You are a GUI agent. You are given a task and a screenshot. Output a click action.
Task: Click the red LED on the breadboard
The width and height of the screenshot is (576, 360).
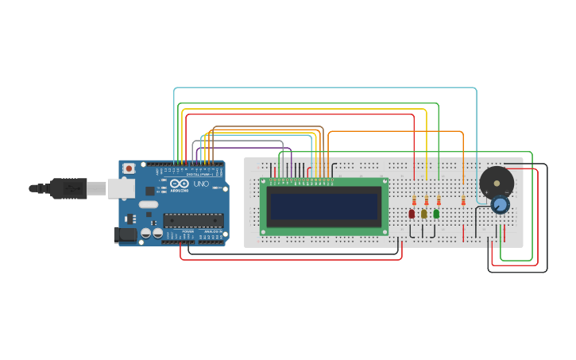[412, 214]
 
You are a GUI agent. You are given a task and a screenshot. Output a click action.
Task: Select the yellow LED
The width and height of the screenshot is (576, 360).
[424, 214]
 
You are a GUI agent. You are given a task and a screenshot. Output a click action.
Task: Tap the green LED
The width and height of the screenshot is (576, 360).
[436, 214]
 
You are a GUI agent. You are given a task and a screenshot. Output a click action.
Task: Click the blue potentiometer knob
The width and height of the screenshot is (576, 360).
[500, 205]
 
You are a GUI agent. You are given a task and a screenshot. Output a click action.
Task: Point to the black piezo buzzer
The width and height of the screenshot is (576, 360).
[497, 183]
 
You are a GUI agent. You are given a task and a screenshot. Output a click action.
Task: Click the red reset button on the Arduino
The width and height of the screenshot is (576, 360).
[129, 169]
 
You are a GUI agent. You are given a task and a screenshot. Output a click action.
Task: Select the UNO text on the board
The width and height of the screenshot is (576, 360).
[201, 184]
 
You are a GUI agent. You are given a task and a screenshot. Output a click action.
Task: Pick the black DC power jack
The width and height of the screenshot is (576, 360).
[125, 234]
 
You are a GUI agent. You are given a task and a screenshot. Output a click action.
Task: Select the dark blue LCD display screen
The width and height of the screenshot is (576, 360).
[324, 207]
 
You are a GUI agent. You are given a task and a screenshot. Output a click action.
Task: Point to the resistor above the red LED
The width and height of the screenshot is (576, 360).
[415, 201]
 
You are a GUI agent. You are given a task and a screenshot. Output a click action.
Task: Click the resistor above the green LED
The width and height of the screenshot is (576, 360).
[439, 201]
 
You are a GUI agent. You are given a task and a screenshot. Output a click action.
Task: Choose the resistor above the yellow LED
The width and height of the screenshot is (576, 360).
[427, 201]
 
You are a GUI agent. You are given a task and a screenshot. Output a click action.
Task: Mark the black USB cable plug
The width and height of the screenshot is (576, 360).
[68, 188]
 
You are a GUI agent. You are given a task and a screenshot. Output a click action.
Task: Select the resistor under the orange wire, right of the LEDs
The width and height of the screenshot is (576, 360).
[463, 201]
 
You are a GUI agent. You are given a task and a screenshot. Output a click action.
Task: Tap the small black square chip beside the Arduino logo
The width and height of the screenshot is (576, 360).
[149, 191]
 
